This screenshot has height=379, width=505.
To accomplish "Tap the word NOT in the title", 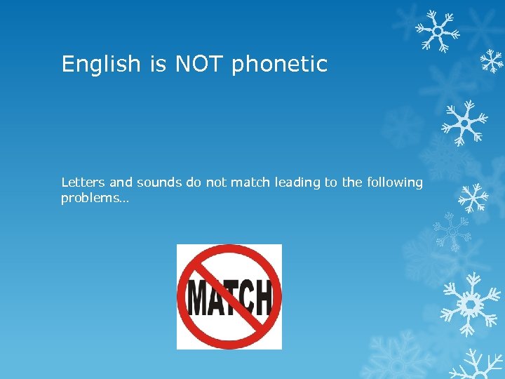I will (x=199, y=65).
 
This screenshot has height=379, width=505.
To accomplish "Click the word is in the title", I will (x=157, y=65).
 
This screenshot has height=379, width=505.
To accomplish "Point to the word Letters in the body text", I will (x=83, y=182).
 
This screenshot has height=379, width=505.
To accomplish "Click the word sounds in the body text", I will (x=159, y=182).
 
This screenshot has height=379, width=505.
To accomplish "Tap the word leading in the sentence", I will (x=297, y=183).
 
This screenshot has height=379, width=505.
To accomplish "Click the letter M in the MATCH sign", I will (x=198, y=298).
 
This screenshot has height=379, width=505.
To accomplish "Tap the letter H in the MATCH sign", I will (x=262, y=297).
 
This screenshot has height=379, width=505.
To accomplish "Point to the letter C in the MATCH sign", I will (x=245, y=298).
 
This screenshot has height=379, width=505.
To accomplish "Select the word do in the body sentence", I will (x=194, y=182).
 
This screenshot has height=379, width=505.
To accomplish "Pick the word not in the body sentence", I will (x=217, y=182).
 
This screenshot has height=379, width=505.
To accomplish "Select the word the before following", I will (x=353, y=182).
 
